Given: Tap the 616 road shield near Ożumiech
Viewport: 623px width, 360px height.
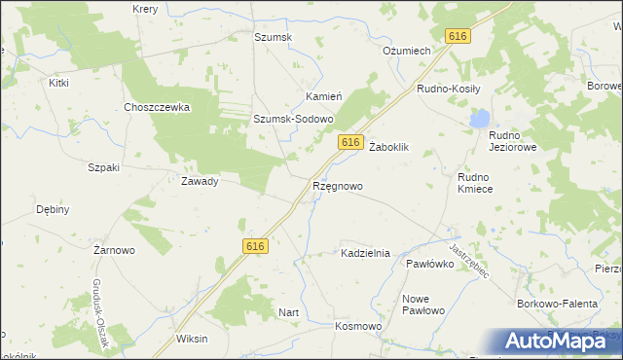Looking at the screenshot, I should [x=458, y=36].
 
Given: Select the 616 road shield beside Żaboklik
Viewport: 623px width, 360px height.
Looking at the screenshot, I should [x=352, y=143].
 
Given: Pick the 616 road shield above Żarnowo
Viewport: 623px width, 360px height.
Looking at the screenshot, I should [x=255, y=247].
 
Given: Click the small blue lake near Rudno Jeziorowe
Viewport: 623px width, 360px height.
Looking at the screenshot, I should [x=478, y=119].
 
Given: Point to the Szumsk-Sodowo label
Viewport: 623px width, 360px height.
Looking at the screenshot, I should [x=293, y=119].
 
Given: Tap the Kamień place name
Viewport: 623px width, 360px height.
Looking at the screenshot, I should [x=323, y=97].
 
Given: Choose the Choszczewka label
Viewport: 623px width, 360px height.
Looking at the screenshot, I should [x=156, y=107].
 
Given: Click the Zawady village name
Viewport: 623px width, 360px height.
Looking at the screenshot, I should [x=200, y=180].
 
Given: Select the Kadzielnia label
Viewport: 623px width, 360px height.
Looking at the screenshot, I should [x=365, y=253].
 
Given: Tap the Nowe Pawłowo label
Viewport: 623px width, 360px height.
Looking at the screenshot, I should [x=422, y=304].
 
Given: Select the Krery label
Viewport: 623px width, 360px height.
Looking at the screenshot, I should [x=144, y=8].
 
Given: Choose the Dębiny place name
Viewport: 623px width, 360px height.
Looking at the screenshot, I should [x=53, y=209].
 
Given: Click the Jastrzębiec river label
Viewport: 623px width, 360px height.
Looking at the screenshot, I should [x=475, y=262].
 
